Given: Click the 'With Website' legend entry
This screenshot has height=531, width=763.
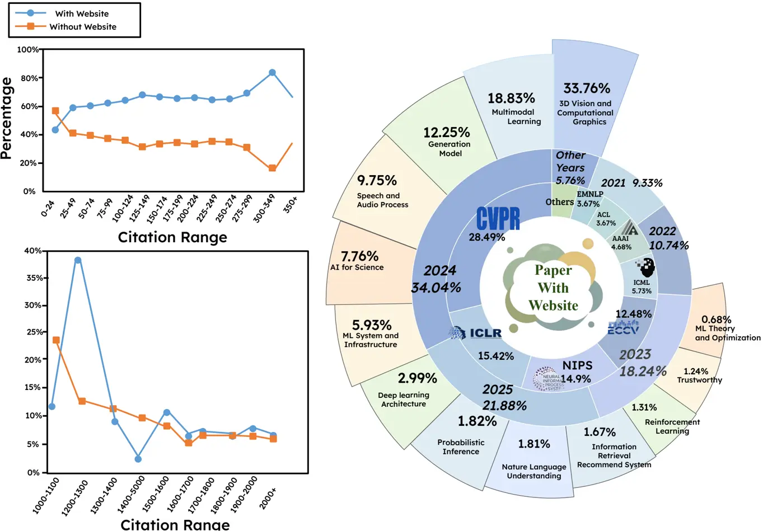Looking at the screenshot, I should pyautogui.click(x=82, y=13).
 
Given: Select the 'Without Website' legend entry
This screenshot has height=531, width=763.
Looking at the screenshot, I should pyautogui.click(x=83, y=27).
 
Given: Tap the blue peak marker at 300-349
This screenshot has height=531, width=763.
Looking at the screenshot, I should pyautogui.click(x=272, y=73).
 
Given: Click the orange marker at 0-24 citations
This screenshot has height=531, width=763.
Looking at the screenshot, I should pyautogui.click(x=55, y=111).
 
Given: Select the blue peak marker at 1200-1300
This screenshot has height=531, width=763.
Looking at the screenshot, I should pyautogui.click(x=78, y=260).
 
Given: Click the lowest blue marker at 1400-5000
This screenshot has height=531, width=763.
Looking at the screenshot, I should pyautogui.click(x=138, y=459).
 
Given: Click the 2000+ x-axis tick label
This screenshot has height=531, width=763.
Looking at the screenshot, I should pyautogui.click(x=268, y=498).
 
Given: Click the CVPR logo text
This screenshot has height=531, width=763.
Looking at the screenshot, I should pyautogui.click(x=498, y=218).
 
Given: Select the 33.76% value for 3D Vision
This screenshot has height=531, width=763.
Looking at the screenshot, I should pyautogui.click(x=586, y=88).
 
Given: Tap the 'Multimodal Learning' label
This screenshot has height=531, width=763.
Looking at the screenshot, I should pyautogui.click(x=515, y=116).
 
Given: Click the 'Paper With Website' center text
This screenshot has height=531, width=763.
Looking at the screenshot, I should pyautogui.click(x=553, y=288).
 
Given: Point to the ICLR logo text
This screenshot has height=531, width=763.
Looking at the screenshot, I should pyautogui.click(x=485, y=333).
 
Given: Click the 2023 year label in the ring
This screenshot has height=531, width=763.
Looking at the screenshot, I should pyautogui.click(x=635, y=354).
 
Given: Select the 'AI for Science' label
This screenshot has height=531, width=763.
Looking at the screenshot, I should pyautogui.click(x=357, y=267).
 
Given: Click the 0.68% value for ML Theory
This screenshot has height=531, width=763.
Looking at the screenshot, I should pyautogui.click(x=716, y=319).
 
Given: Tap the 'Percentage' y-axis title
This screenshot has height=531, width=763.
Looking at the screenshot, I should pyautogui.click(x=7, y=119).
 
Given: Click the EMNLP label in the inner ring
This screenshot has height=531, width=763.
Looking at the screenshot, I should pyautogui.click(x=590, y=194).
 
